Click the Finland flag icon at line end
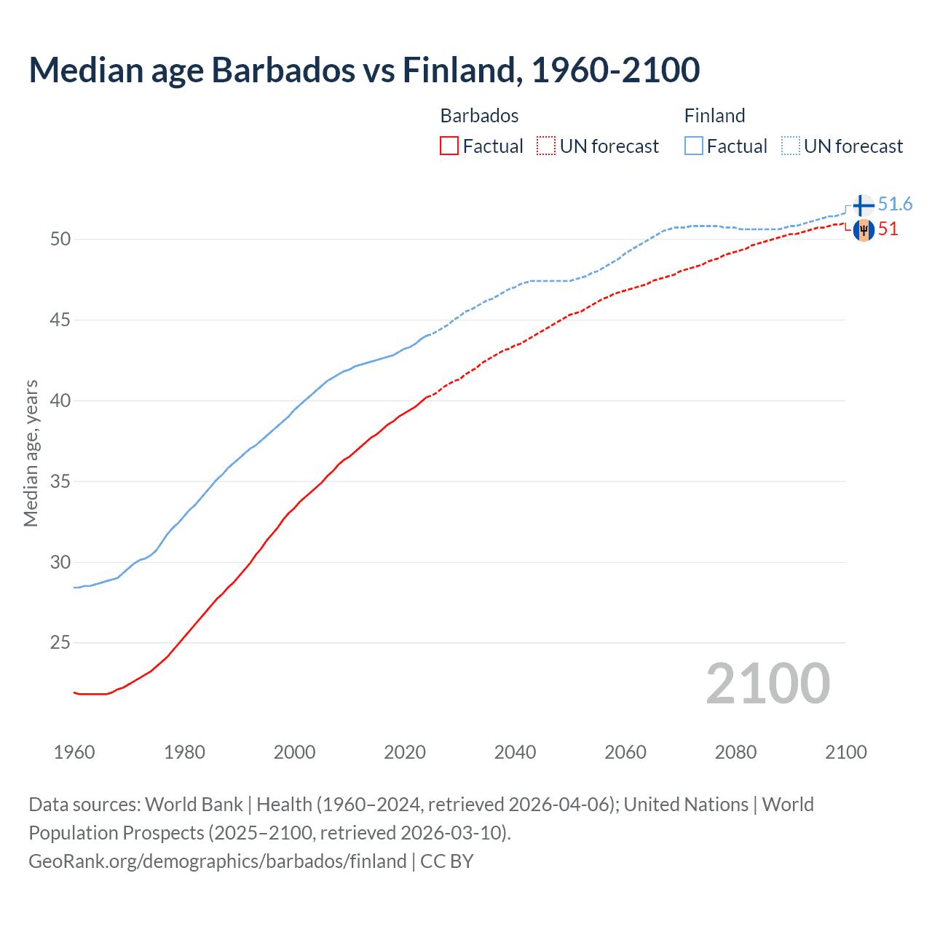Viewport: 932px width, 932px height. click(864, 205)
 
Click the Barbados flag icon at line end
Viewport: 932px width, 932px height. click(864, 230)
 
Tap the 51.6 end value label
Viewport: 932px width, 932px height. click(895, 205)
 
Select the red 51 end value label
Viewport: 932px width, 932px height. click(888, 229)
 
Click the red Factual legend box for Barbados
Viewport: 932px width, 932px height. click(449, 146)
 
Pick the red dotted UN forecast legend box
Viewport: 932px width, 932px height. click(546, 146)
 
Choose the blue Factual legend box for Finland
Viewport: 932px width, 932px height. click(694, 146)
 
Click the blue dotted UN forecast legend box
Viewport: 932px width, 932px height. click(790, 146)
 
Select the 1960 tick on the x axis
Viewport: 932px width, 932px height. click(74, 752)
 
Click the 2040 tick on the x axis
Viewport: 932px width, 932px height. click(515, 752)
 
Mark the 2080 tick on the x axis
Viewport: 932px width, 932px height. click(735, 752)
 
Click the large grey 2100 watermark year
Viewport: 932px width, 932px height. click(768, 684)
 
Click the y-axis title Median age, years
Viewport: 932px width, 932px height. click(31, 453)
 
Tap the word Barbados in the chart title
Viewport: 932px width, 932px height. click(281, 70)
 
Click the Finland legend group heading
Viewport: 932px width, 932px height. click(714, 116)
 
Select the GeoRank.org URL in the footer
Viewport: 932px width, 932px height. click(217, 861)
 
